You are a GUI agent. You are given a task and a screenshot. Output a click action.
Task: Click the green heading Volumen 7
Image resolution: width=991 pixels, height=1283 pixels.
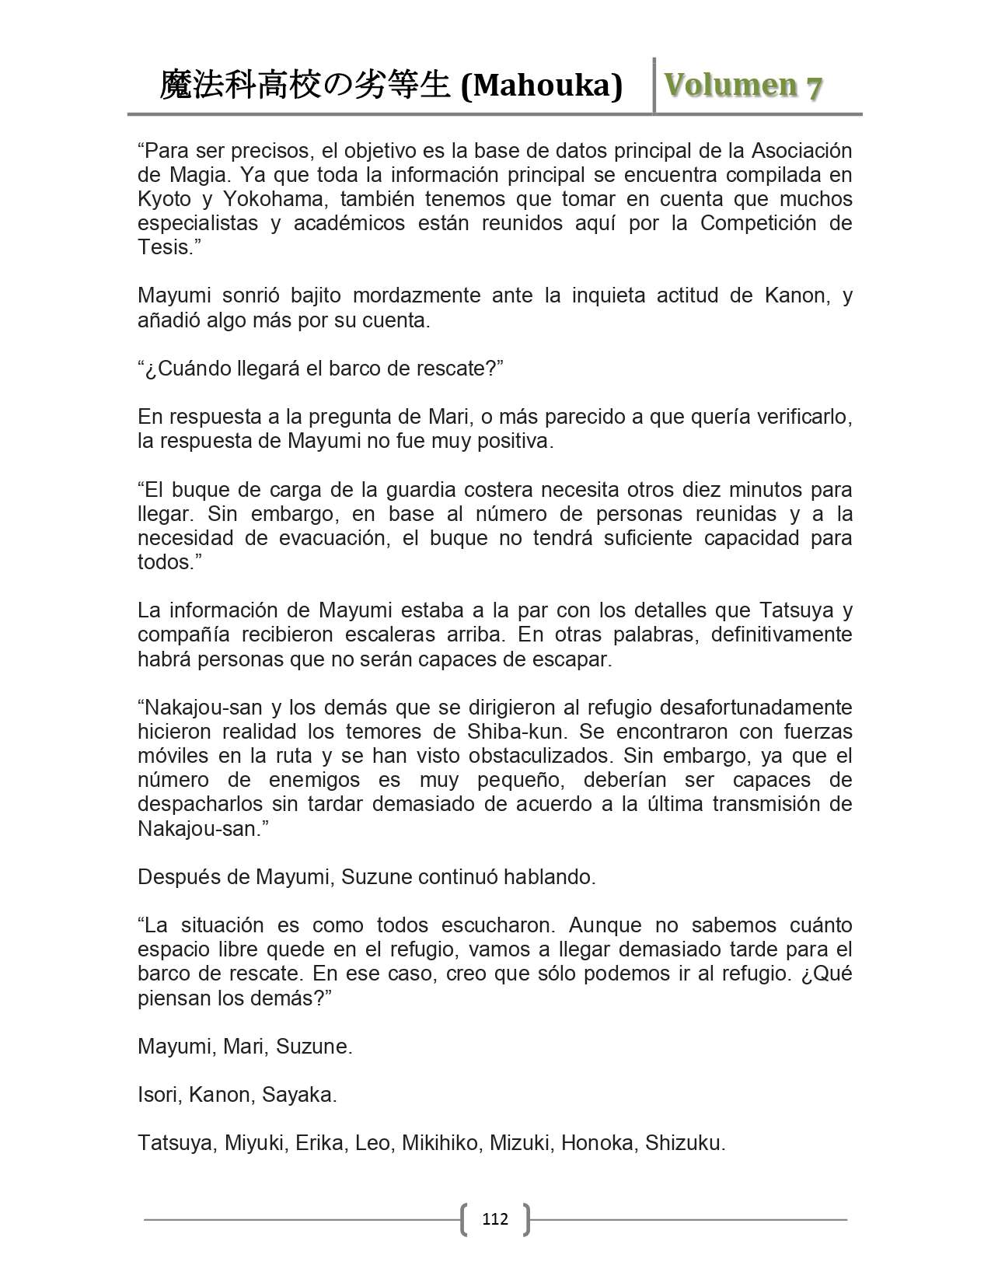click(743, 86)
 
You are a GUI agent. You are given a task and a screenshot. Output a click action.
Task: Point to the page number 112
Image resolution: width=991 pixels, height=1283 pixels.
click(494, 1218)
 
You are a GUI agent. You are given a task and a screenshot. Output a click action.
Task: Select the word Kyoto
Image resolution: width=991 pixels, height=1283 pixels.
click(164, 199)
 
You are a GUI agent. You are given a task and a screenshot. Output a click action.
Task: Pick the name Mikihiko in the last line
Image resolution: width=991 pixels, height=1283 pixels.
click(440, 1143)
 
